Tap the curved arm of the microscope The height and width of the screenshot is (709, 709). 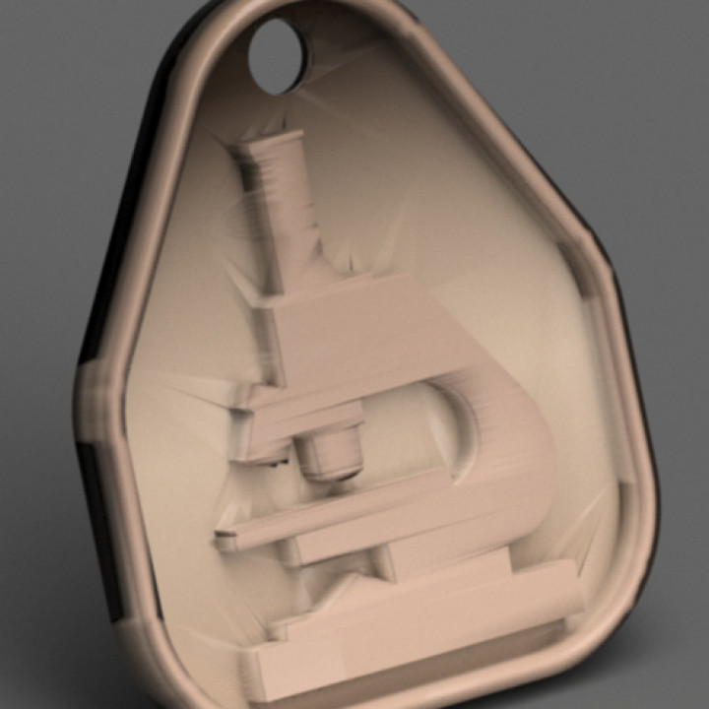click(x=512, y=443)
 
